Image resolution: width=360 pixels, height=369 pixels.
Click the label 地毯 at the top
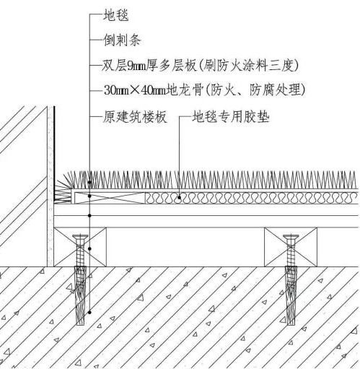(115, 15)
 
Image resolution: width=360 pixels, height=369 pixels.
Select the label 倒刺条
(122, 40)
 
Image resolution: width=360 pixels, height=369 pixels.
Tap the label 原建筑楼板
(135, 117)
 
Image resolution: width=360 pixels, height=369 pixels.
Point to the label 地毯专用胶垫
(230, 117)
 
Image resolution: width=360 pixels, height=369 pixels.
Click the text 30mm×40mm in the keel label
(135, 90)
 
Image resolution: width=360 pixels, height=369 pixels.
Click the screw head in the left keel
(80, 238)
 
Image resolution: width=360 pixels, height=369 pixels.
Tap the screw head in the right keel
(291, 238)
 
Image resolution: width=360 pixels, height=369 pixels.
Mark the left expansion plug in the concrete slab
(80, 295)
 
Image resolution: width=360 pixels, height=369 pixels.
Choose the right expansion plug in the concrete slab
(291, 295)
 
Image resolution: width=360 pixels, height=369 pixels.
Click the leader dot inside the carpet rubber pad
(180, 197)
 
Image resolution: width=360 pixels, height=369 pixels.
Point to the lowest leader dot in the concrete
(89, 312)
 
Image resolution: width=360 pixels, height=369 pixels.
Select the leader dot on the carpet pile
(89, 183)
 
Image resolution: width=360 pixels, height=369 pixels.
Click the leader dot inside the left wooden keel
(89, 248)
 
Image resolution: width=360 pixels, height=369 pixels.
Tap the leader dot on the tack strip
(89, 196)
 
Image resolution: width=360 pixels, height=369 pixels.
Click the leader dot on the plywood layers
(89, 215)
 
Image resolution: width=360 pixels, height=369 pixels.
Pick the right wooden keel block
(291, 247)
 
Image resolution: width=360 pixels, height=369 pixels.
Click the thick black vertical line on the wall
(54, 154)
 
